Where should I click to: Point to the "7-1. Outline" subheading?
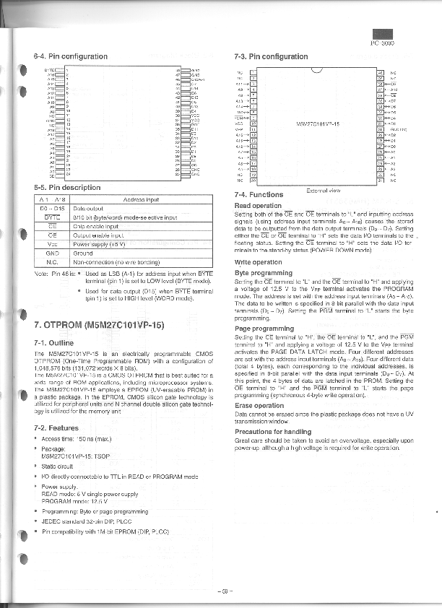53,343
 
